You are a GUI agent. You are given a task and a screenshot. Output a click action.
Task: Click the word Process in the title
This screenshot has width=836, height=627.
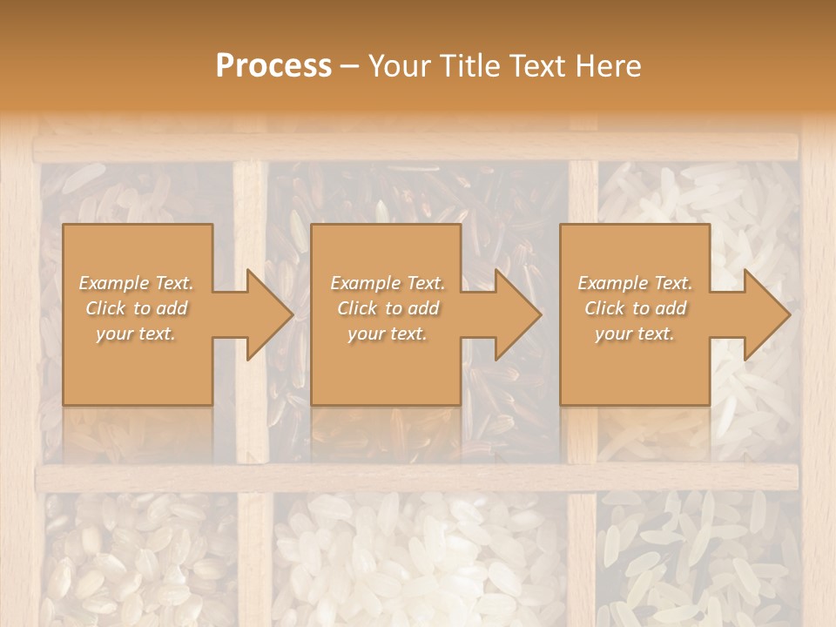273,66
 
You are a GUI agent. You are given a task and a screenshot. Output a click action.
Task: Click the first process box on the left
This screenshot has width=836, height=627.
138,366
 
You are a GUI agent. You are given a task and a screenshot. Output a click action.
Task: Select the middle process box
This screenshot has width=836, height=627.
386,366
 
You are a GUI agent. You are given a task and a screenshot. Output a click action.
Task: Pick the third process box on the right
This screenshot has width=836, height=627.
634,366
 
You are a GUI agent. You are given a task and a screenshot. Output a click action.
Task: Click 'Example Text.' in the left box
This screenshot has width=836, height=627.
137,283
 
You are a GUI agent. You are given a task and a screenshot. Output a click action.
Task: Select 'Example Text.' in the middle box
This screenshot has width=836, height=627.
388,283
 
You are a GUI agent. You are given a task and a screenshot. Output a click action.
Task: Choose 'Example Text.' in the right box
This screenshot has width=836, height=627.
635,283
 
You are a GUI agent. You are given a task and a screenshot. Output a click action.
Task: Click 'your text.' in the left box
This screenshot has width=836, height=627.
135,334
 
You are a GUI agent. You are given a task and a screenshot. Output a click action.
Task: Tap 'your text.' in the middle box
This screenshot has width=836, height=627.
387,334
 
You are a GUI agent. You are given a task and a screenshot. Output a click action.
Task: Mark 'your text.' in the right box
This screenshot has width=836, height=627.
634,334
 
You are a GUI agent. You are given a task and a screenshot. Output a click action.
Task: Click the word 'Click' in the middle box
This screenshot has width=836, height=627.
357,308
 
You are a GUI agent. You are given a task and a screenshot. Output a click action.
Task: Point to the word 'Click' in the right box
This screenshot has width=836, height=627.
604,308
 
